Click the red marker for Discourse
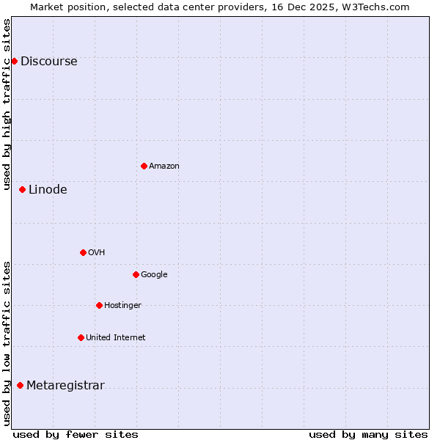coord(14,61)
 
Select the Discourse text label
coord(48,62)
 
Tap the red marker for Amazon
coord(144,166)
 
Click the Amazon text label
coord(164,166)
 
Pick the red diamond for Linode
coord(22,189)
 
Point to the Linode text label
coord(48,190)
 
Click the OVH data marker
coord(83,252)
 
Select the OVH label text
coord(96,253)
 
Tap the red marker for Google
coord(136,274)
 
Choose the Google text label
coord(154,275)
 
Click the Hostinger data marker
coord(99,305)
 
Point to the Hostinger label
coord(122,306)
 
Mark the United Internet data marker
coord(81,337)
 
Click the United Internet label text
coord(115,338)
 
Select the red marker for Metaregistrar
coord(20,385)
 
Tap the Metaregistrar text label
coord(65,386)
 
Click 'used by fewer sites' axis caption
coord(76,434)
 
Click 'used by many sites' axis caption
coord(368,434)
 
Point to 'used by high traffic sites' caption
coord(7,104)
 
